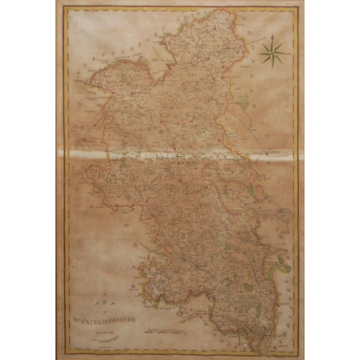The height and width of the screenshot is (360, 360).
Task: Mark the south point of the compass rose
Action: point(273,64)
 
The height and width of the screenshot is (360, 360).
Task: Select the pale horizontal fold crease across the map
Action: point(180,151)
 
